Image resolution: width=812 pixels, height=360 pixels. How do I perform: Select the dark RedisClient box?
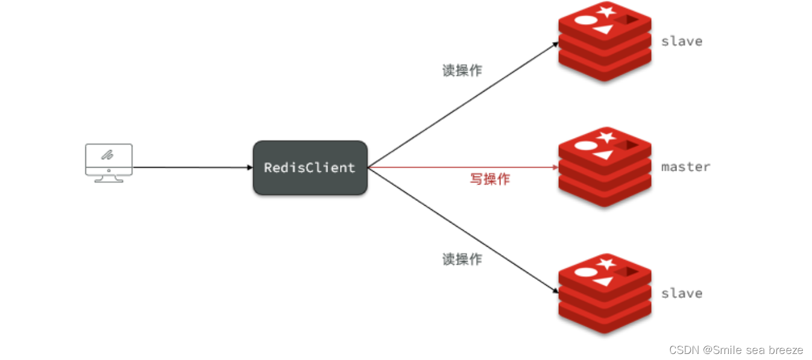coord(310,168)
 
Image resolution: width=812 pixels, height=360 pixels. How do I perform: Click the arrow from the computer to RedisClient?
coord(193,168)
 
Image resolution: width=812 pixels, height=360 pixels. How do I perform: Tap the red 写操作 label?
coord(489,179)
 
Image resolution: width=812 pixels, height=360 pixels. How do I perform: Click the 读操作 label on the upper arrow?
coord(462,71)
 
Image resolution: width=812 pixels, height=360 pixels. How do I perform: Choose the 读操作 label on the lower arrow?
coord(462,259)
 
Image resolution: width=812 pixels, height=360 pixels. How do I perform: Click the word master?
coord(685,166)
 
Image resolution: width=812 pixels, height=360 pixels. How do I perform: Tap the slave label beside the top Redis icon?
coord(682,41)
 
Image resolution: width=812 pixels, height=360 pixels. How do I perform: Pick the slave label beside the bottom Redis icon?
coord(682,293)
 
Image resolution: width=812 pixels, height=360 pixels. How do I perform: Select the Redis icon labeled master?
coord(605,167)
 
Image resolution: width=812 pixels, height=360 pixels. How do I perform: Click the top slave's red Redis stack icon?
coord(605,41)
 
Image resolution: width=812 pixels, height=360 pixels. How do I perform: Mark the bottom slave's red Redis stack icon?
coord(605,293)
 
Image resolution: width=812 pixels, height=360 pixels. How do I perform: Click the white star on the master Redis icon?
coord(606,137)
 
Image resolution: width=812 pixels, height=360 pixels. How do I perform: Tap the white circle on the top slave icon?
coord(585,19)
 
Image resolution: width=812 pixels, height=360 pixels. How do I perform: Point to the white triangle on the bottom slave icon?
coord(603,282)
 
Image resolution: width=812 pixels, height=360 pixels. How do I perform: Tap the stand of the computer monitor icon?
coord(109,178)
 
